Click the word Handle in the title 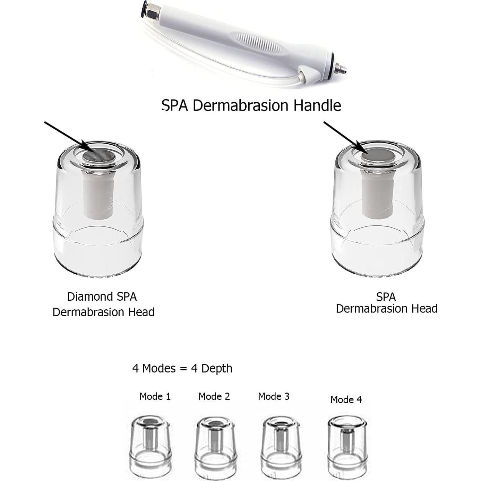(317, 105)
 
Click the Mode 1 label (155, 396)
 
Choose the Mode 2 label (214, 396)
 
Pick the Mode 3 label (274, 396)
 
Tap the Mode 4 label (346, 400)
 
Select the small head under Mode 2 (215, 446)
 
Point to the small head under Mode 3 (281, 446)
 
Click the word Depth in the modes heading (216, 368)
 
